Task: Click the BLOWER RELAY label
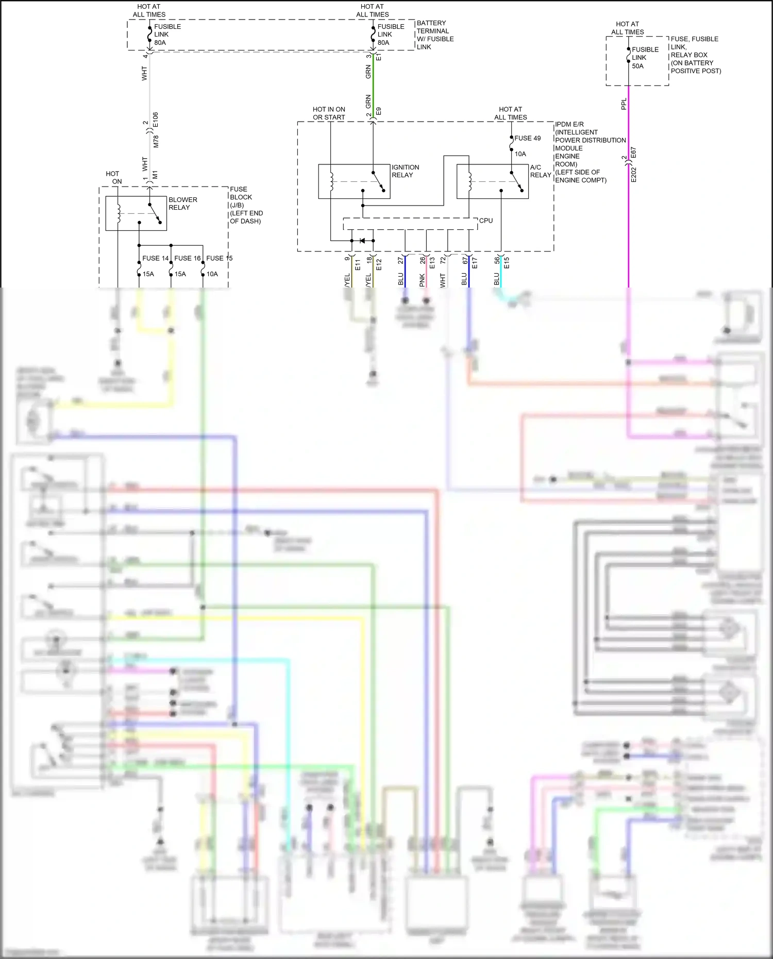pyautogui.click(x=182, y=204)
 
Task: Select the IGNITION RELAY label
pyautogui.click(x=405, y=171)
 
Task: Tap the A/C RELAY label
pyautogui.click(x=540, y=171)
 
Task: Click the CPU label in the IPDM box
pyautogui.click(x=485, y=221)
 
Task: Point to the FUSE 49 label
pyautogui.click(x=527, y=138)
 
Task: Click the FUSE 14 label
pyautogui.click(x=155, y=258)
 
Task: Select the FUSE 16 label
pyautogui.click(x=187, y=258)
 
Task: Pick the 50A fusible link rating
pyautogui.click(x=637, y=66)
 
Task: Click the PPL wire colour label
pyautogui.click(x=624, y=104)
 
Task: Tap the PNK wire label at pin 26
pyautogui.click(x=422, y=280)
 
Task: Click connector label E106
pyautogui.click(x=156, y=120)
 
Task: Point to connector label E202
pyautogui.click(x=634, y=175)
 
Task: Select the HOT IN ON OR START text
pyautogui.click(x=329, y=113)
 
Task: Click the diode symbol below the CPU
pyautogui.click(x=362, y=241)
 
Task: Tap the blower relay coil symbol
pyautogui.click(x=119, y=213)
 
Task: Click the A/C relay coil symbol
pyautogui.click(x=469, y=181)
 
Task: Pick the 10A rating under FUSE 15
pyautogui.click(x=212, y=274)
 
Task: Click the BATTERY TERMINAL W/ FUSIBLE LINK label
pyautogui.click(x=434, y=35)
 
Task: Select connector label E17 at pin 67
pyautogui.click(x=475, y=263)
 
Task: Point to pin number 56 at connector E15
pyautogui.click(x=497, y=261)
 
